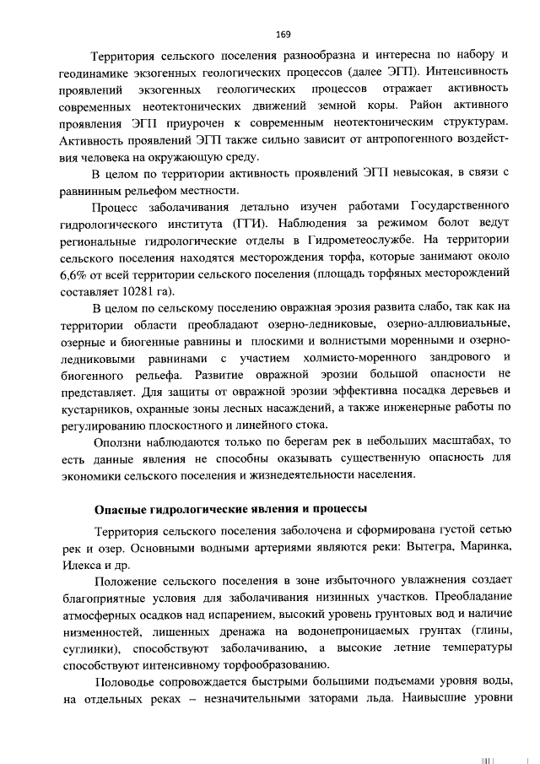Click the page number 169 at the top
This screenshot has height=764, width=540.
[x=283, y=34]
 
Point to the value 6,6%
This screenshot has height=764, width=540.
[x=73, y=274]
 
